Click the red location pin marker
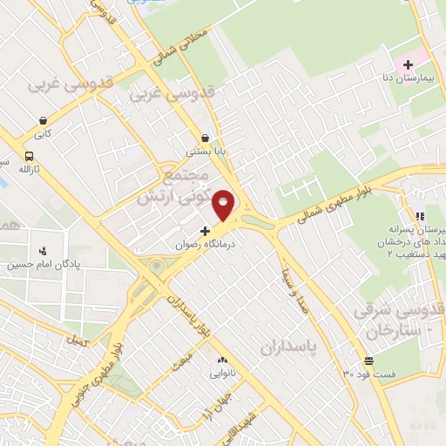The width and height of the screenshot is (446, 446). tap(224, 205)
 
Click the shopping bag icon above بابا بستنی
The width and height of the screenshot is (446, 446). tap(205, 137)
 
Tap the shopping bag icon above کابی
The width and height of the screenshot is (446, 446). tap(43, 121)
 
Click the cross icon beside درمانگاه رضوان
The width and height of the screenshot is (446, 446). tap(205, 231)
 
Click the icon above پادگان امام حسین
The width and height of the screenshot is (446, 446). tap(43, 251)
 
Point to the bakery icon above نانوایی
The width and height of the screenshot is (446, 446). tap(221, 360)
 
